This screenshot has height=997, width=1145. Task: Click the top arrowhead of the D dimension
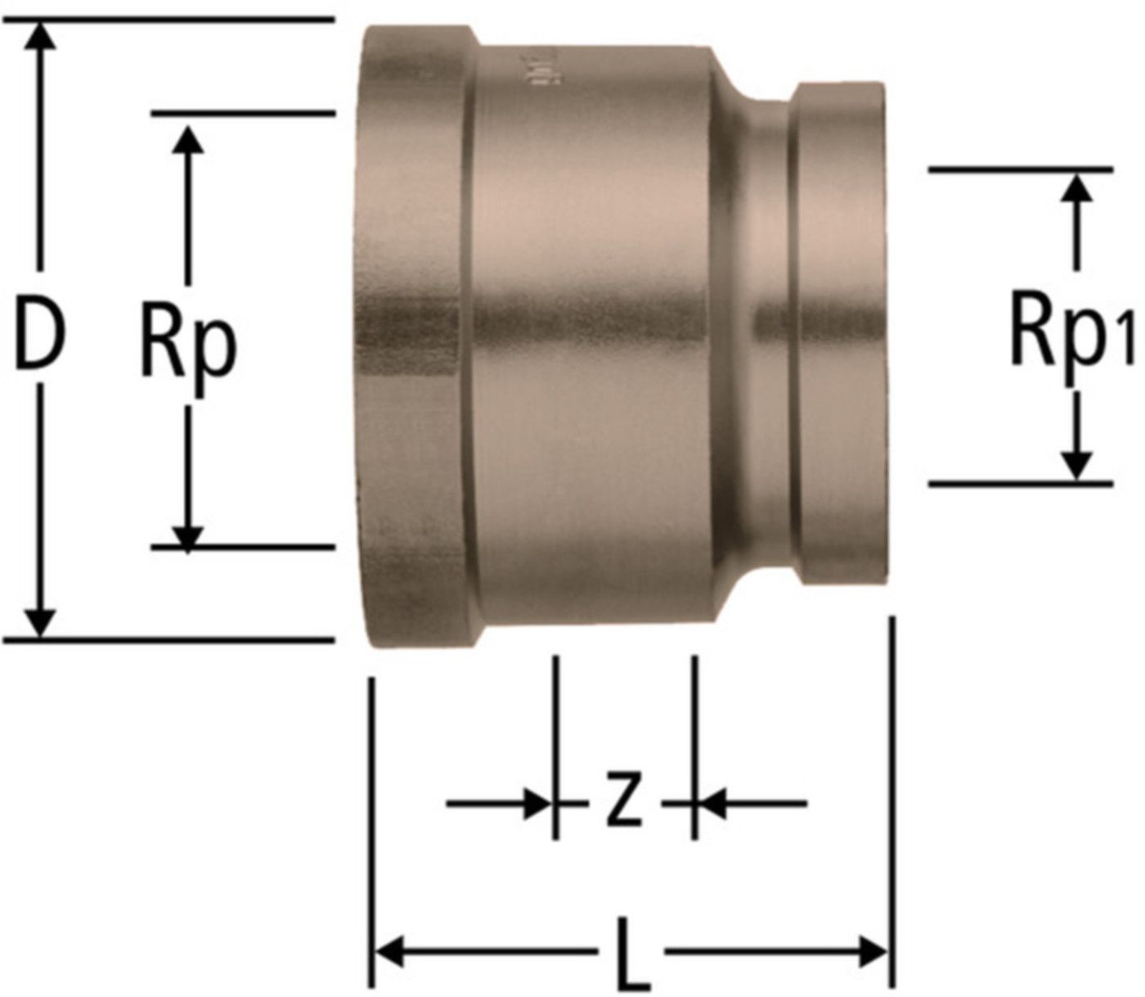click(x=41, y=35)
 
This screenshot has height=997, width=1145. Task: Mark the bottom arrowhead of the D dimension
click(x=41, y=623)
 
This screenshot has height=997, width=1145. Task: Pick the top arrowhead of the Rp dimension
click(x=188, y=139)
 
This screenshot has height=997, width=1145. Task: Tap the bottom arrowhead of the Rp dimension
click(x=188, y=540)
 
